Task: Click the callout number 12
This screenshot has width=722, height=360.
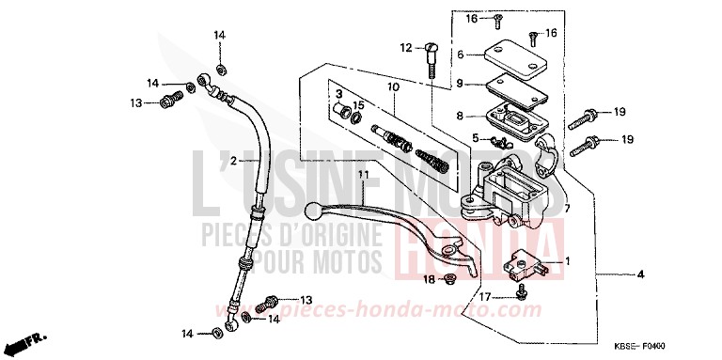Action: pyautogui.click(x=405, y=47)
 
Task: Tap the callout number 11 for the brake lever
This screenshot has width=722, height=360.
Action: pyautogui.click(x=334, y=174)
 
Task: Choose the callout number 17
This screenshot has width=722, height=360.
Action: pyautogui.click(x=487, y=297)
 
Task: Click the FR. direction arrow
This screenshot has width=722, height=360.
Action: pyautogui.click(x=30, y=342)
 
